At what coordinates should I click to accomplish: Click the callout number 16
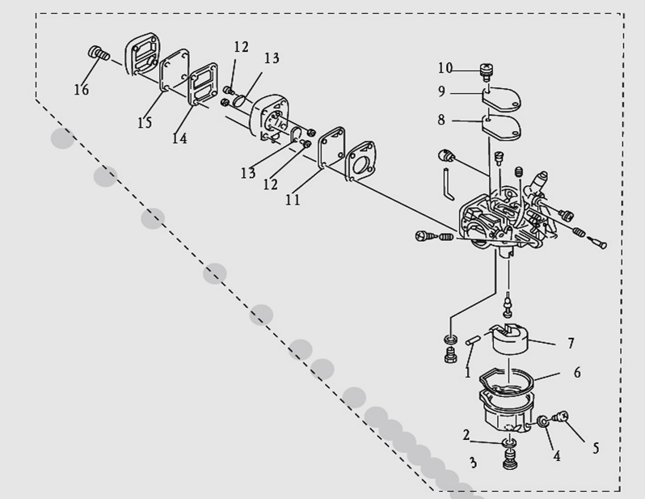click(81, 89)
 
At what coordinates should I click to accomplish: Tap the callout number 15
click(145, 122)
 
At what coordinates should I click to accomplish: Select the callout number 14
click(179, 138)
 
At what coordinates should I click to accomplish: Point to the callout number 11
click(293, 200)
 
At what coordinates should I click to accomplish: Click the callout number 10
click(445, 68)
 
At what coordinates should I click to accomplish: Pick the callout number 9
click(441, 91)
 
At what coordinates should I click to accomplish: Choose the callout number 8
click(441, 120)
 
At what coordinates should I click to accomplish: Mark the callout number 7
click(571, 343)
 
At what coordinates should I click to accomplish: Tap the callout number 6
click(577, 372)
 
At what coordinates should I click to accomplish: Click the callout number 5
click(596, 448)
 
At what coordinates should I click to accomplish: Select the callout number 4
click(557, 456)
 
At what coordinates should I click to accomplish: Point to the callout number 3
click(473, 463)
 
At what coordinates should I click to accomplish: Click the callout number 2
click(466, 435)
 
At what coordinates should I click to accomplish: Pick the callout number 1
click(467, 373)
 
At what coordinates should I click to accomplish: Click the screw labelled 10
click(487, 71)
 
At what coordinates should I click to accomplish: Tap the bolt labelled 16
click(99, 53)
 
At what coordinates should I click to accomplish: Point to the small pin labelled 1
click(473, 340)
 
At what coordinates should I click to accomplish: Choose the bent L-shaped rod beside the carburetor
click(449, 184)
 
